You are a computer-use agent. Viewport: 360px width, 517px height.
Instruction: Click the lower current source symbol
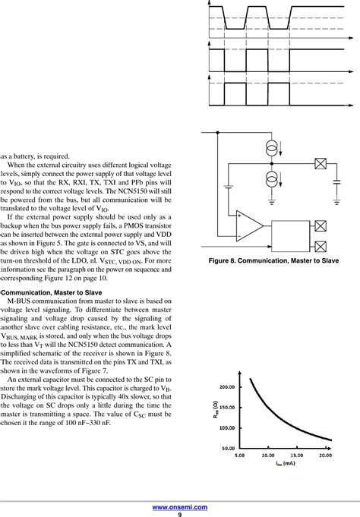(x=272, y=180)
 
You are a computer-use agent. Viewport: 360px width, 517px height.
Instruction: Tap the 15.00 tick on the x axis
(x=298, y=456)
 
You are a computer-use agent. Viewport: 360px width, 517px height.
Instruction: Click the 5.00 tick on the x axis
(x=241, y=456)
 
